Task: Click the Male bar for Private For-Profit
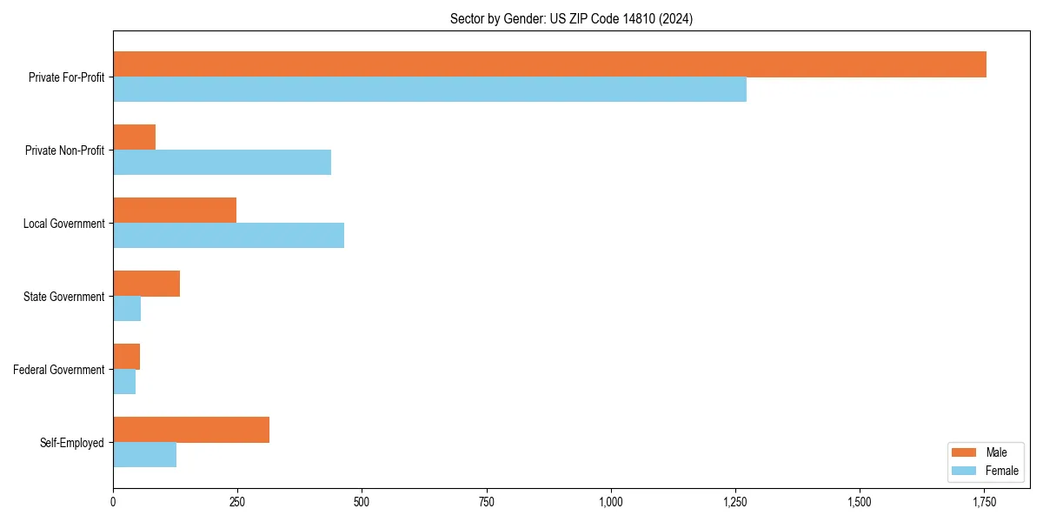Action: [549, 64]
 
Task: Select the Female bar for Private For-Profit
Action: [429, 90]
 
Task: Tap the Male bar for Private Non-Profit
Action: [134, 137]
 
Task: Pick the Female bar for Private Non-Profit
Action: [222, 163]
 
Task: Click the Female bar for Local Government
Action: [229, 236]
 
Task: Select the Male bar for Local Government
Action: [175, 211]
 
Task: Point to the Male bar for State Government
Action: [146, 284]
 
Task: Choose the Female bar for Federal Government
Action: [124, 382]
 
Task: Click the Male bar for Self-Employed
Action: [191, 430]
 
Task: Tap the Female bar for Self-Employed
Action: [144, 455]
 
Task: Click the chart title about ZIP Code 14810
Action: [571, 18]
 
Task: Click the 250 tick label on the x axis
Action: [237, 502]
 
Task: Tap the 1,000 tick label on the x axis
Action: [611, 502]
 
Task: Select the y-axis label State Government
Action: [63, 297]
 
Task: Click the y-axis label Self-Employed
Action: [71, 443]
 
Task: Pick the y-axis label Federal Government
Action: [59, 370]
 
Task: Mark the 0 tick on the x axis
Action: [113, 502]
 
